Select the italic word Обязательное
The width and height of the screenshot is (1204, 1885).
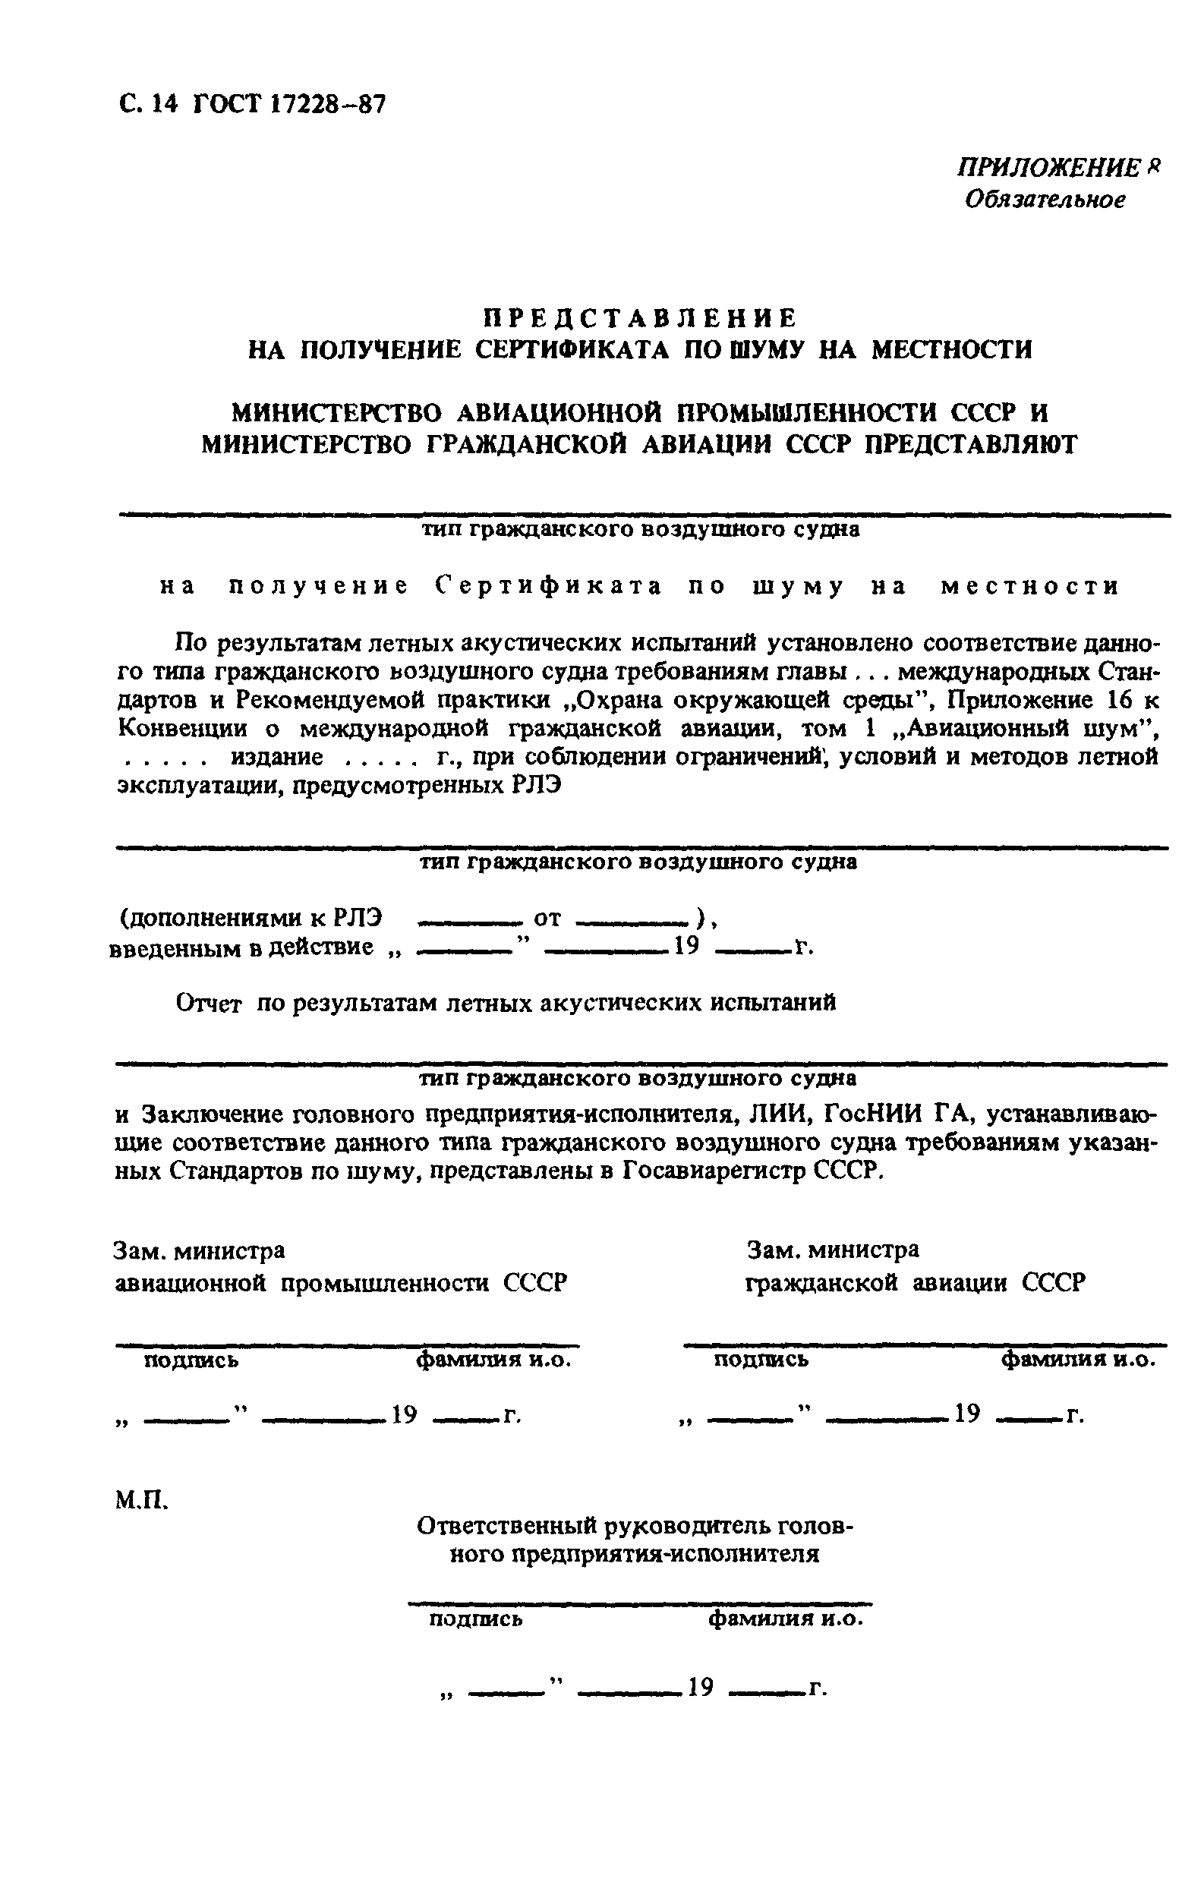(1045, 200)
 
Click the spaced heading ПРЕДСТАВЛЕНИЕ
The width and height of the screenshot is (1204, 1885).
(638, 318)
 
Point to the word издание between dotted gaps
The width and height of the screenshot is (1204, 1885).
(276, 758)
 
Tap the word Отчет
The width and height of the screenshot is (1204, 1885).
(209, 1003)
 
